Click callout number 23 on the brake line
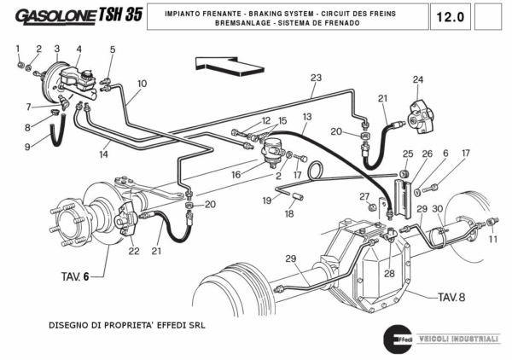[x=316, y=78]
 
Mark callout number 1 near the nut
[x=19, y=49]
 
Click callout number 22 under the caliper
[x=134, y=251]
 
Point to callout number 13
[x=306, y=116]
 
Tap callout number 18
[x=288, y=214]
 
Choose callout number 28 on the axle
[x=389, y=273]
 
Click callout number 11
[x=493, y=240]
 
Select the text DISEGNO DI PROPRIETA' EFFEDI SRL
[x=126, y=325]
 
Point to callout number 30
[x=438, y=209]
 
